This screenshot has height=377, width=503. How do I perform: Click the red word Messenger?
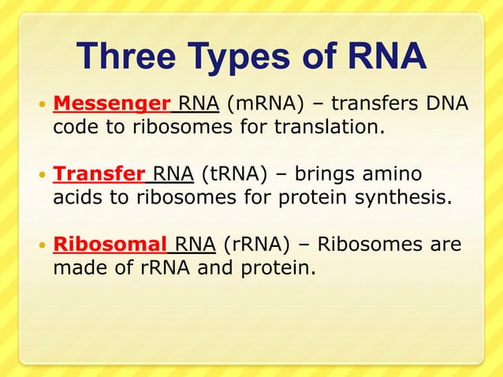coord(111,103)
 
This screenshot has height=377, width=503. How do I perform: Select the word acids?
coord(79,196)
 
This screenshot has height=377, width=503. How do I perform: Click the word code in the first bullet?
coord(76,126)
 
